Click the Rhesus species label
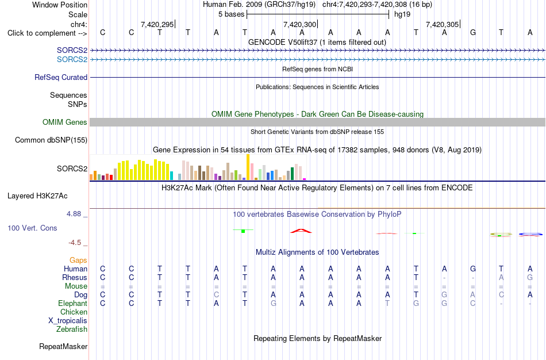point(75,277)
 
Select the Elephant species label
point(72,303)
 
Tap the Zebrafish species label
point(72,329)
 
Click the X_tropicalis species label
point(68,321)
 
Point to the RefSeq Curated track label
point(61,78)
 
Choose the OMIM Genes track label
point(65,122)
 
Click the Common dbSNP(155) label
point(51,140)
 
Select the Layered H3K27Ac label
point(37,196)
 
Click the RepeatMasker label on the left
point(63,346)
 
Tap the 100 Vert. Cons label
point(32,228)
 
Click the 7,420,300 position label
point(300,24)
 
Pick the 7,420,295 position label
point(157,24)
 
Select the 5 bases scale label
point(231,14)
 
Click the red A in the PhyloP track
point(301,231)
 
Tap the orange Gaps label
point(78,261)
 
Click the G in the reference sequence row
point(473,33)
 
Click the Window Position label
point(60,5)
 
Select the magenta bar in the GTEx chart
point(305,179)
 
